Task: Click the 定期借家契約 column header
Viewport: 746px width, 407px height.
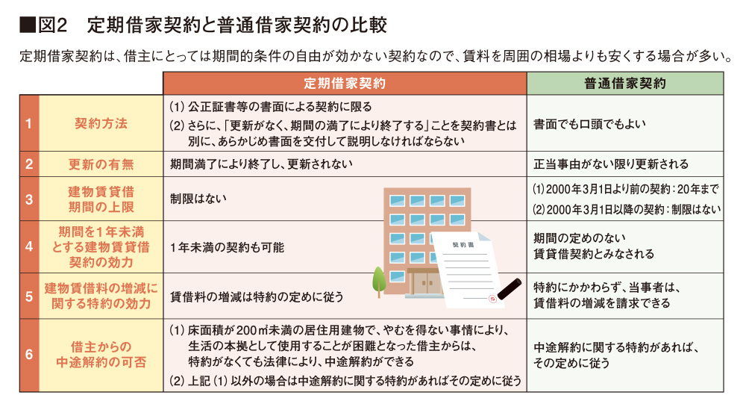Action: coord(345,84)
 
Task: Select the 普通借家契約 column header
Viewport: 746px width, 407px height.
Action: coord(625,84)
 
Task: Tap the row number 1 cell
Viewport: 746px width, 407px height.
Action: coord(29,123)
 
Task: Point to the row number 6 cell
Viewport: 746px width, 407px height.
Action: coord(29,355)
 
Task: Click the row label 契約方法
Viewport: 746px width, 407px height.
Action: coord(101,124)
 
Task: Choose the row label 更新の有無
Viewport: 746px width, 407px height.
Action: coord(101,165)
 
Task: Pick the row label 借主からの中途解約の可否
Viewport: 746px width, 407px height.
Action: coord(101,355)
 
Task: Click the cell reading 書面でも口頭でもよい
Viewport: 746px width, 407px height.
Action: coord(589,124)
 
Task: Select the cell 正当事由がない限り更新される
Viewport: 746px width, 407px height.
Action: coord(611,164)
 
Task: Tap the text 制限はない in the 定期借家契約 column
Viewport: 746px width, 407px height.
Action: coord(198,199)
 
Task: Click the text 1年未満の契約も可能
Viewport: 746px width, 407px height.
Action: coord(227,247)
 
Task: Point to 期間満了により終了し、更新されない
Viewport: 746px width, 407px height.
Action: coord(261,164)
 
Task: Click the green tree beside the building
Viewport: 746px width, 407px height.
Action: coord(379,282)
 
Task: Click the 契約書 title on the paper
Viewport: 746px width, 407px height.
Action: coord(463,245)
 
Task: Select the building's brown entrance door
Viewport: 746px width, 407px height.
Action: coord(426,283)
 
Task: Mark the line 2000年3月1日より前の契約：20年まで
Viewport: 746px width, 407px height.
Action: coord(625,189)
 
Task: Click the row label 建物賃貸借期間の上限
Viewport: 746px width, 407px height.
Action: coord(101,199)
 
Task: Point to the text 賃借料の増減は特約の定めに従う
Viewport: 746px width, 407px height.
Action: coord(257,297)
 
